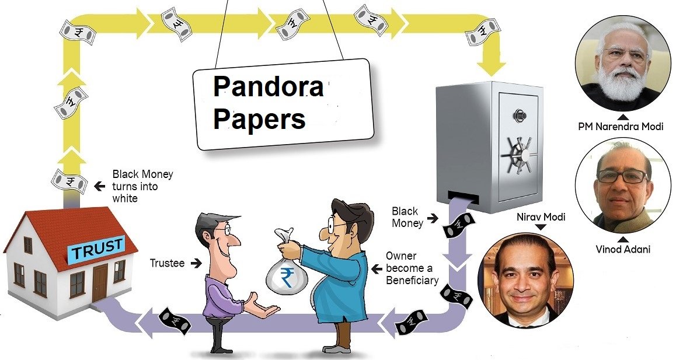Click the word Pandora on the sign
coord(268,88)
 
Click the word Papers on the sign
coord(259,119)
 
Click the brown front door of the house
coord(100,282)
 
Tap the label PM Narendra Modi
coord(621,126)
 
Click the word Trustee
coord(167,264)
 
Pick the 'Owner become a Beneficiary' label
coord(412,268)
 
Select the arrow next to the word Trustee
coord(196,264)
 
